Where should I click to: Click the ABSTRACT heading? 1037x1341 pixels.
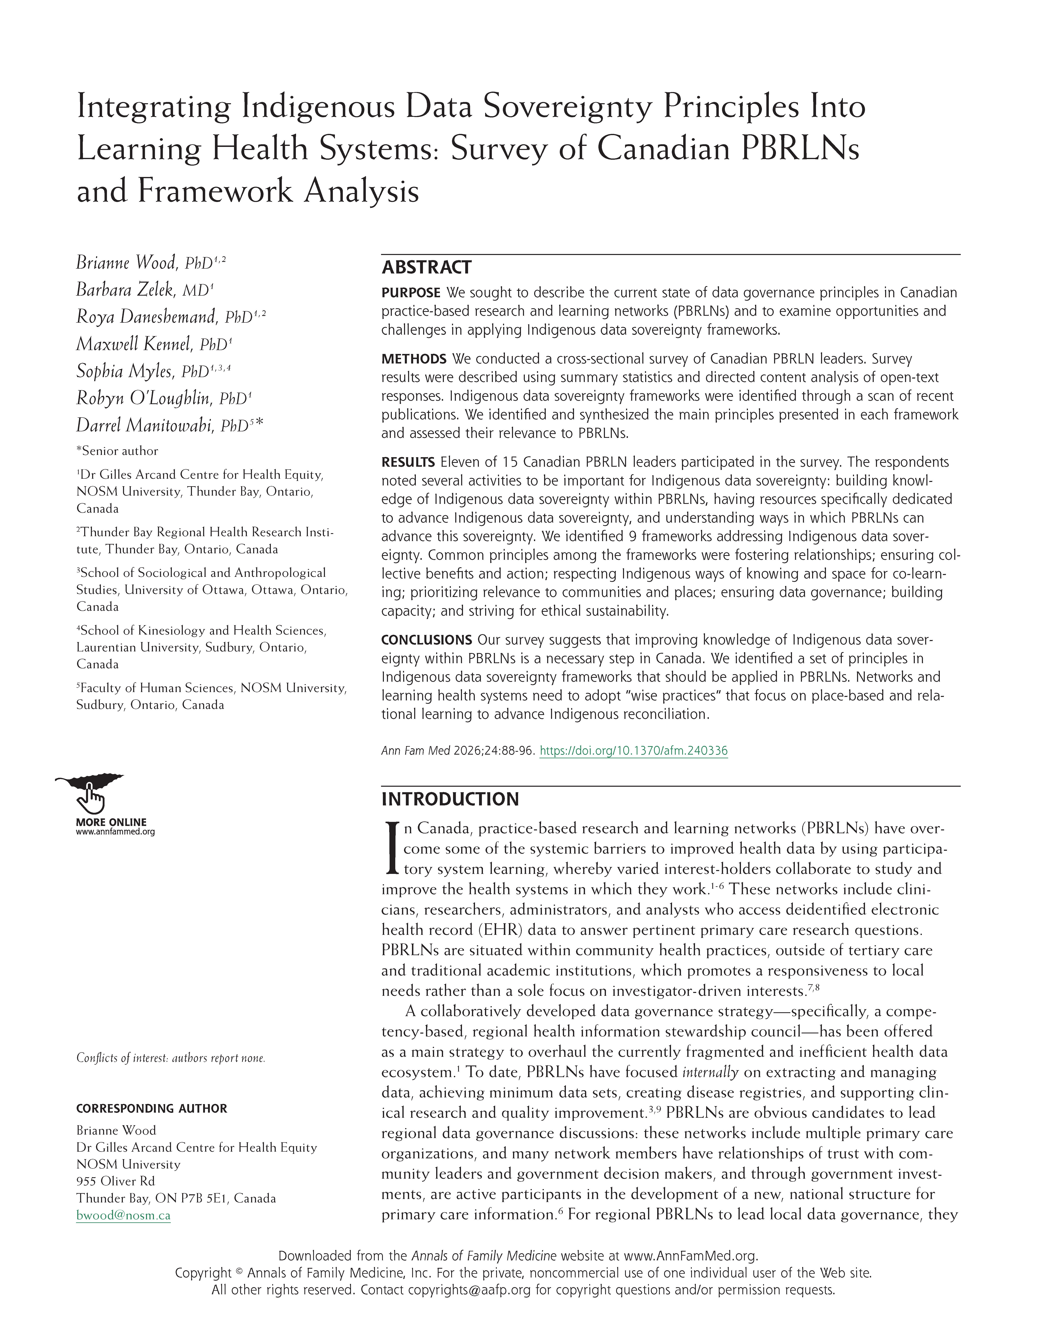click(426, 268)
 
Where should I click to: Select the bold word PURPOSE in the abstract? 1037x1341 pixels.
click(410, 293)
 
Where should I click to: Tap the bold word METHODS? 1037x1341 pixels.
click(413, 359)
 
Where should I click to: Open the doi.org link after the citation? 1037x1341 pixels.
click(633, 750)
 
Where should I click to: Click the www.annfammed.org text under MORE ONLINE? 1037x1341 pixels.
click(115, 832)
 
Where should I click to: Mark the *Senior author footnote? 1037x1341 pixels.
click(117, 451)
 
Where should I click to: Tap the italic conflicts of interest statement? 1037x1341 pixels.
click(170, 1058)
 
